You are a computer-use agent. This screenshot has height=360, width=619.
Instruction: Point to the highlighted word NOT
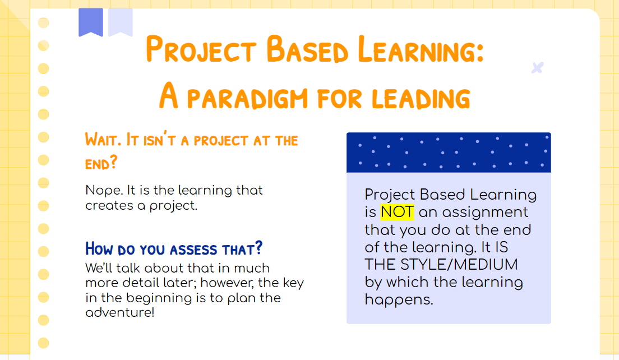(x=397, y=212)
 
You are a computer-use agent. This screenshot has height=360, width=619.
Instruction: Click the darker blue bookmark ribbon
(x=91, y=22)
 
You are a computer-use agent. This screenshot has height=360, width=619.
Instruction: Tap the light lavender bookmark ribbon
(x=121, y=22)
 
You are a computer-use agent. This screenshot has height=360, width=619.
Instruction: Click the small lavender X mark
(x=537, y=68)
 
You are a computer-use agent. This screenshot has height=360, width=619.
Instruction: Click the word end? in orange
(x=101, y=163)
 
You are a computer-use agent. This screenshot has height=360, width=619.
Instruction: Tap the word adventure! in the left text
(x=119, y=312)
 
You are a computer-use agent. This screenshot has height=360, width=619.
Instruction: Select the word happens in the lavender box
(x=399, y=300)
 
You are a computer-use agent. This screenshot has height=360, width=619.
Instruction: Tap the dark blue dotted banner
(x=449, y=152)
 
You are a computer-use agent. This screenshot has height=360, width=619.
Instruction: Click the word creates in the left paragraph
(x=107, y=205)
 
